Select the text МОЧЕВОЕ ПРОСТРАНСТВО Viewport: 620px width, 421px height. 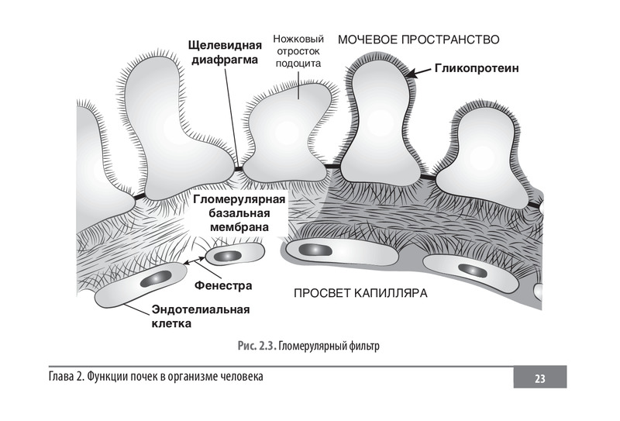tap(418, 39)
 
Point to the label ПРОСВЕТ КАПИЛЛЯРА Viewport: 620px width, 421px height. tap(360, 294)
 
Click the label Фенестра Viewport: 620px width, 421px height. tap(224, 285)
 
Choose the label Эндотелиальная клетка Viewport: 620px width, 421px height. tap(200, 316)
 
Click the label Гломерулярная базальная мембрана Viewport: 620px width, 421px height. tap(239, 213)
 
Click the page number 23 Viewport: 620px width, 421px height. tap(540, 378)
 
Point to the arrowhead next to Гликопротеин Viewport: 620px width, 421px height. tap(411, 73)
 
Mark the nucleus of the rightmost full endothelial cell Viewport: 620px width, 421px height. tap(470, 270)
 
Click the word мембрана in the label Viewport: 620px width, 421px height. tap(239, 227)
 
